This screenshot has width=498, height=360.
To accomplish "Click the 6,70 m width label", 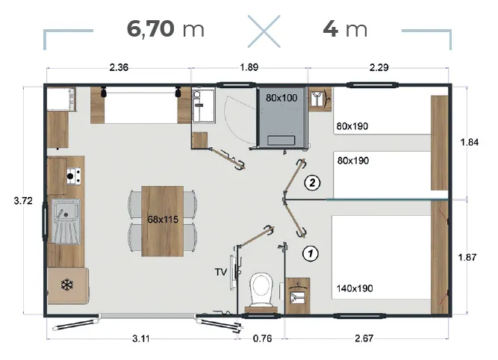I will point(166,29).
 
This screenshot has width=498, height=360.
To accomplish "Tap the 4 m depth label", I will point(345,29).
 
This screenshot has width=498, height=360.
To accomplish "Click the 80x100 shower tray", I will point(281,119).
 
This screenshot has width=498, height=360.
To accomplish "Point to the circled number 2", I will point(314,182).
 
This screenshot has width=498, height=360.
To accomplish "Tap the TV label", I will point(221,273).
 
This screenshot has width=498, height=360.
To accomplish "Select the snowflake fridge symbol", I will point(65,285).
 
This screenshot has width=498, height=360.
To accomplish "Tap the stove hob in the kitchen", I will point(73,176).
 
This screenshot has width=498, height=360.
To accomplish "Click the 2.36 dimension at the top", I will point(119,68).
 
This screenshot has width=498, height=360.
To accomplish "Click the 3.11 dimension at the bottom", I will point(143,338).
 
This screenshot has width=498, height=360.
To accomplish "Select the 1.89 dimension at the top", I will point(249,68).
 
